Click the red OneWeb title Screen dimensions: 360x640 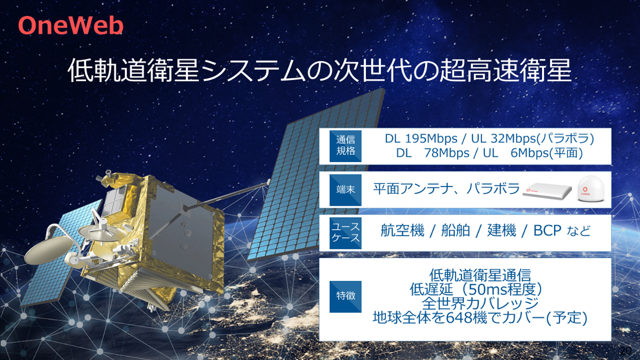pyautogui.click(x=70, y=25)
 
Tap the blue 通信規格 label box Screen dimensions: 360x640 pyautogui.click(x=345, y=145)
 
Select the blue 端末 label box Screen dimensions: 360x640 pyautogui.click(x=345, y=189)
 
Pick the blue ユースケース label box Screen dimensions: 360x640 pyautogui.click(x=345, y=232)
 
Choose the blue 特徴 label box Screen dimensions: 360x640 pyautogui.click(x=345, y=296)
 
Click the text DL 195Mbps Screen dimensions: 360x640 pyautogui.click(x=421, y=138)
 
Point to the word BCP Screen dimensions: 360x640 pyautogui.click(x=548, y=231)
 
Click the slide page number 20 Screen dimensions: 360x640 pyautogui.click(x=624, y=349)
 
